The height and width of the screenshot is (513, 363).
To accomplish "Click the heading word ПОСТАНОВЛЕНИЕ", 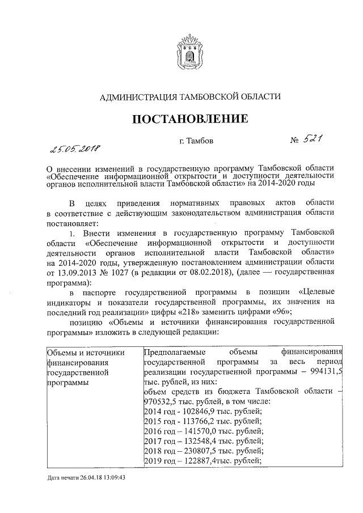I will pyautogui.click(x=190, y=120).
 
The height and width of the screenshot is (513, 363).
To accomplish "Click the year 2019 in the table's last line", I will pyautogui.click(x=153, y=460).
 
